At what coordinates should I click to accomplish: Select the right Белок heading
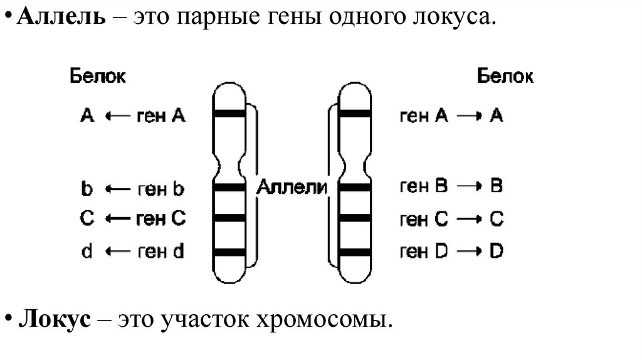(505, 77)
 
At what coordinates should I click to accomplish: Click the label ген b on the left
(160, 188)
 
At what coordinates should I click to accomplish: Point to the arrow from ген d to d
(117, 252)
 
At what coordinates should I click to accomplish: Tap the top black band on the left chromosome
(228, 114)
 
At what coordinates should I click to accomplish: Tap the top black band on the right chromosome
(355, 114)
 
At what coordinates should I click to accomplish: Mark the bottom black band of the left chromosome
(228, 252)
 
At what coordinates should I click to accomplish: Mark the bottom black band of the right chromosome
(355, 252)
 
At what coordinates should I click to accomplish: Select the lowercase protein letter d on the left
(87, 252)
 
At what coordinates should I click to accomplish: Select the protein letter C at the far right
(496, 219)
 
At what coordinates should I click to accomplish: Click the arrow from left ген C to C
(117, 219)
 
